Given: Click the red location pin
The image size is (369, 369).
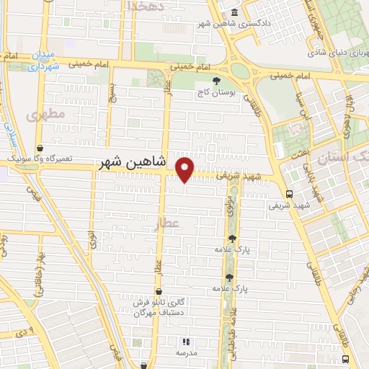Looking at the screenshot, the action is [186, 169].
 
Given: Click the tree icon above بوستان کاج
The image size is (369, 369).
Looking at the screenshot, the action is [216, 81].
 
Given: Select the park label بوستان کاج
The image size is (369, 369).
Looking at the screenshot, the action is [216, 93].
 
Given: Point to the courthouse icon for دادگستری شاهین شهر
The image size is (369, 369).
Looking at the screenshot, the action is [236, 13].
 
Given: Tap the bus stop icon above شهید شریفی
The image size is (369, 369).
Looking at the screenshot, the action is [289, 194].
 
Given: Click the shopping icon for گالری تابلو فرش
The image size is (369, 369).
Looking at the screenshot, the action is [158, 292].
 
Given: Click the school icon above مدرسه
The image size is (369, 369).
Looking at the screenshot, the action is [185, 342].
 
